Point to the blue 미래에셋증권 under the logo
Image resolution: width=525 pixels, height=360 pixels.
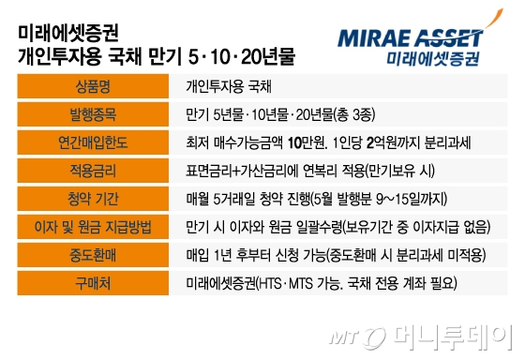click(x=432, y=58)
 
